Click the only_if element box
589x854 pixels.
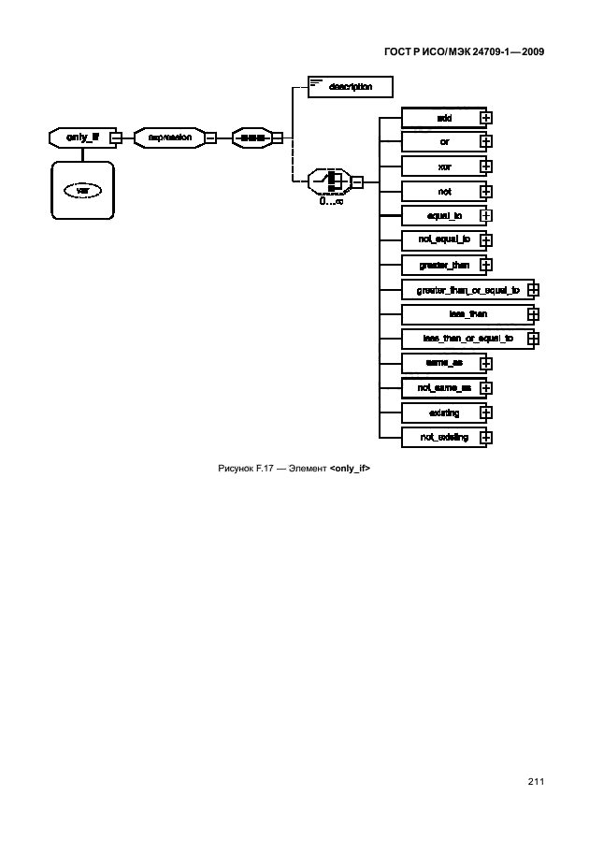(x=78, y=138)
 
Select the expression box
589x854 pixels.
(x=168, y=138)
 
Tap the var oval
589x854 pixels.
(x=82, y=190)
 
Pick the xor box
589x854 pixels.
(x=443, y=166)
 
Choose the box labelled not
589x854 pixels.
(x=443, y=191)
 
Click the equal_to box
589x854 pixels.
(x=443, y=215)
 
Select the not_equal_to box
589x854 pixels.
(x=443, y=239)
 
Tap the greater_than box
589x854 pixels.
(x=443, y=265)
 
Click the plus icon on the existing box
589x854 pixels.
(x=486, y=413)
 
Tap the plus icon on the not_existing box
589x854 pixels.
(x=486, y=437)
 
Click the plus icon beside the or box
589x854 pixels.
(x=486, y=142)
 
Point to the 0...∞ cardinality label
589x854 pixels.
(x=330, y=200)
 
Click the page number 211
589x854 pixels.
(x=536, y=781)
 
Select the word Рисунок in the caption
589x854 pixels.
(x=235, y=468)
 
